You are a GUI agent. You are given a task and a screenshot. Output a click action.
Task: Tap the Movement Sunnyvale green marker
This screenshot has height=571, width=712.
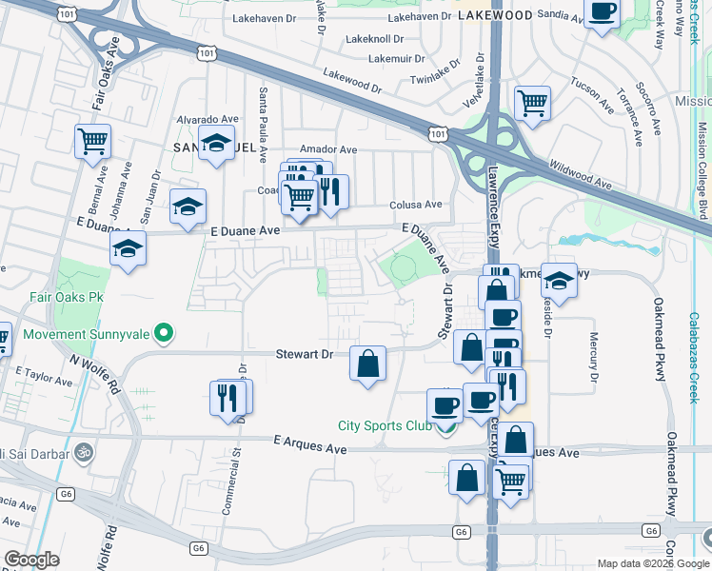[165, 334]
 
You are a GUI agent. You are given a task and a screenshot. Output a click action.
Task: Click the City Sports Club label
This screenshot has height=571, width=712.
[385, 424]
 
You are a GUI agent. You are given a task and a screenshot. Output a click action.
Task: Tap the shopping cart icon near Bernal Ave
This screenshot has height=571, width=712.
[93, 142]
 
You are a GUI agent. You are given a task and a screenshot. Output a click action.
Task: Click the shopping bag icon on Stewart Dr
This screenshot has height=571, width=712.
[368, 363]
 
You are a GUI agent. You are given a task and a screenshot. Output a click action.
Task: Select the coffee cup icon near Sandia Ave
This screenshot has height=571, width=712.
[603, 12]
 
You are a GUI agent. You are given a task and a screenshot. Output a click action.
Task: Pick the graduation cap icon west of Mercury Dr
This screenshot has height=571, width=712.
[559, 281]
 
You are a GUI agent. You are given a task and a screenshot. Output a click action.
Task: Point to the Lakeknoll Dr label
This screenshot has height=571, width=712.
[375, 40]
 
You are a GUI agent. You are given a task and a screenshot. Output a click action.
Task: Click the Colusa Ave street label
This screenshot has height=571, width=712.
[416, 205]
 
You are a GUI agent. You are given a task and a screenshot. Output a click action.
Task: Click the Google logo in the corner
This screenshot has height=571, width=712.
[32, 560]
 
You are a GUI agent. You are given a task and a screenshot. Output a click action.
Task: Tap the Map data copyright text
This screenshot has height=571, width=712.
[653, 562]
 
